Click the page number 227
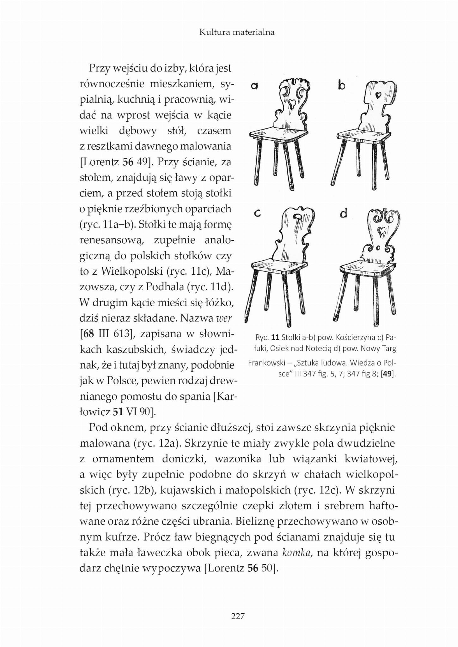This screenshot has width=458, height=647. click(x=238, y=616)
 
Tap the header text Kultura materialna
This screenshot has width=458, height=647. click(x=237, y=32)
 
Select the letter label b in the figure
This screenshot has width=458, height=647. click(x=341, y=85)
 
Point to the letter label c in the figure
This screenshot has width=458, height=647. click(x=257, y=214)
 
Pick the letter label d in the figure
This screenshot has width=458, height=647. click(x=344, y=214)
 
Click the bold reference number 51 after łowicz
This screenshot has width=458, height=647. click(x=118, y=412)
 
